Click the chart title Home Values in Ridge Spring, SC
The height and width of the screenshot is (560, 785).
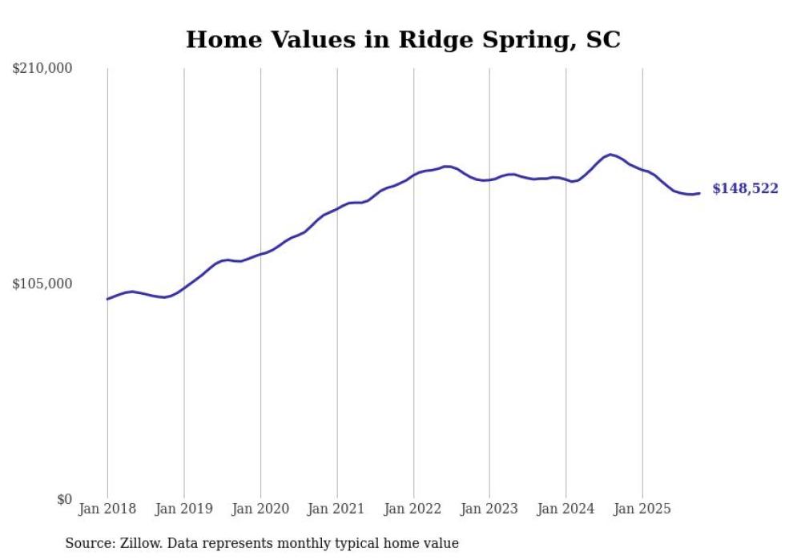click(403, 39)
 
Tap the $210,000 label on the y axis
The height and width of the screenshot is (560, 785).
click(42, 69)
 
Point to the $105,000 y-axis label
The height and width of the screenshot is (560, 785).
click(42, 284)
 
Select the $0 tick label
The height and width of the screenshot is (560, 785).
click(64, 499)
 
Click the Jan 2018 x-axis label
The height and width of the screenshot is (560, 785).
click(107, 509)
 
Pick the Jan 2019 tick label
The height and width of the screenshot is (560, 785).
click(183, 509)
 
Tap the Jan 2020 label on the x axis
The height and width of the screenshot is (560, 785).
click(260, 509)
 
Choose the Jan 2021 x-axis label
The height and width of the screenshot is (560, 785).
click(336, 509)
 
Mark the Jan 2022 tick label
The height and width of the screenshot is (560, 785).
click(413, 509)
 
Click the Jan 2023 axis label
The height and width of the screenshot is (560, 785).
click(489, 509)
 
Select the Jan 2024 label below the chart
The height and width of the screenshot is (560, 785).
click(566, 509)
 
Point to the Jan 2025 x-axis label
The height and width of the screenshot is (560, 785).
click(642, 509)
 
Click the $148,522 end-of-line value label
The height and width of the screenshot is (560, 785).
click(745, 189)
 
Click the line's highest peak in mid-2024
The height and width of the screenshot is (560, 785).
click(610, 155)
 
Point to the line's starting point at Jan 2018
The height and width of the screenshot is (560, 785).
click(107, 299)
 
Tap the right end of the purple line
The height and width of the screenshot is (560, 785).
click(699, 193)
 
